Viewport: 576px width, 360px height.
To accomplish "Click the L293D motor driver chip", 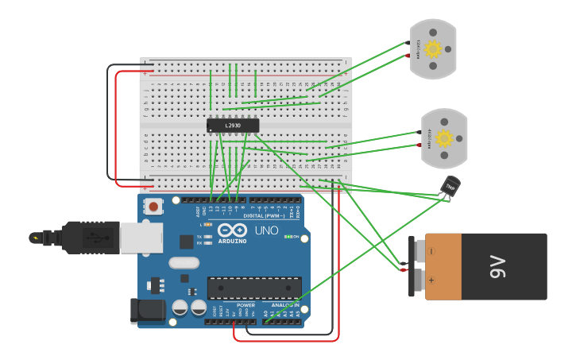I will [233, 126].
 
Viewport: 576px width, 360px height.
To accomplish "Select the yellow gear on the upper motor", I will [433, 48].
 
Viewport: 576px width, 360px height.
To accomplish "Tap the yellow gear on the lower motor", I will [444, 138].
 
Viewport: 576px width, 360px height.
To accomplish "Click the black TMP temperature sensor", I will [450, 186].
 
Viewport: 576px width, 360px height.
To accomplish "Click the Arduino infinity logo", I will [232, 230].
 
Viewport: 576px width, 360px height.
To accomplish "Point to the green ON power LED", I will [287, 237].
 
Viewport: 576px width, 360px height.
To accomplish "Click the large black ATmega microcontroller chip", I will [254, 288].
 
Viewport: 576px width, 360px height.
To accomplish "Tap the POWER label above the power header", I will [245, 305].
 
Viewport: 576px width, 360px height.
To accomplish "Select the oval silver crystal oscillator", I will [184, 262].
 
